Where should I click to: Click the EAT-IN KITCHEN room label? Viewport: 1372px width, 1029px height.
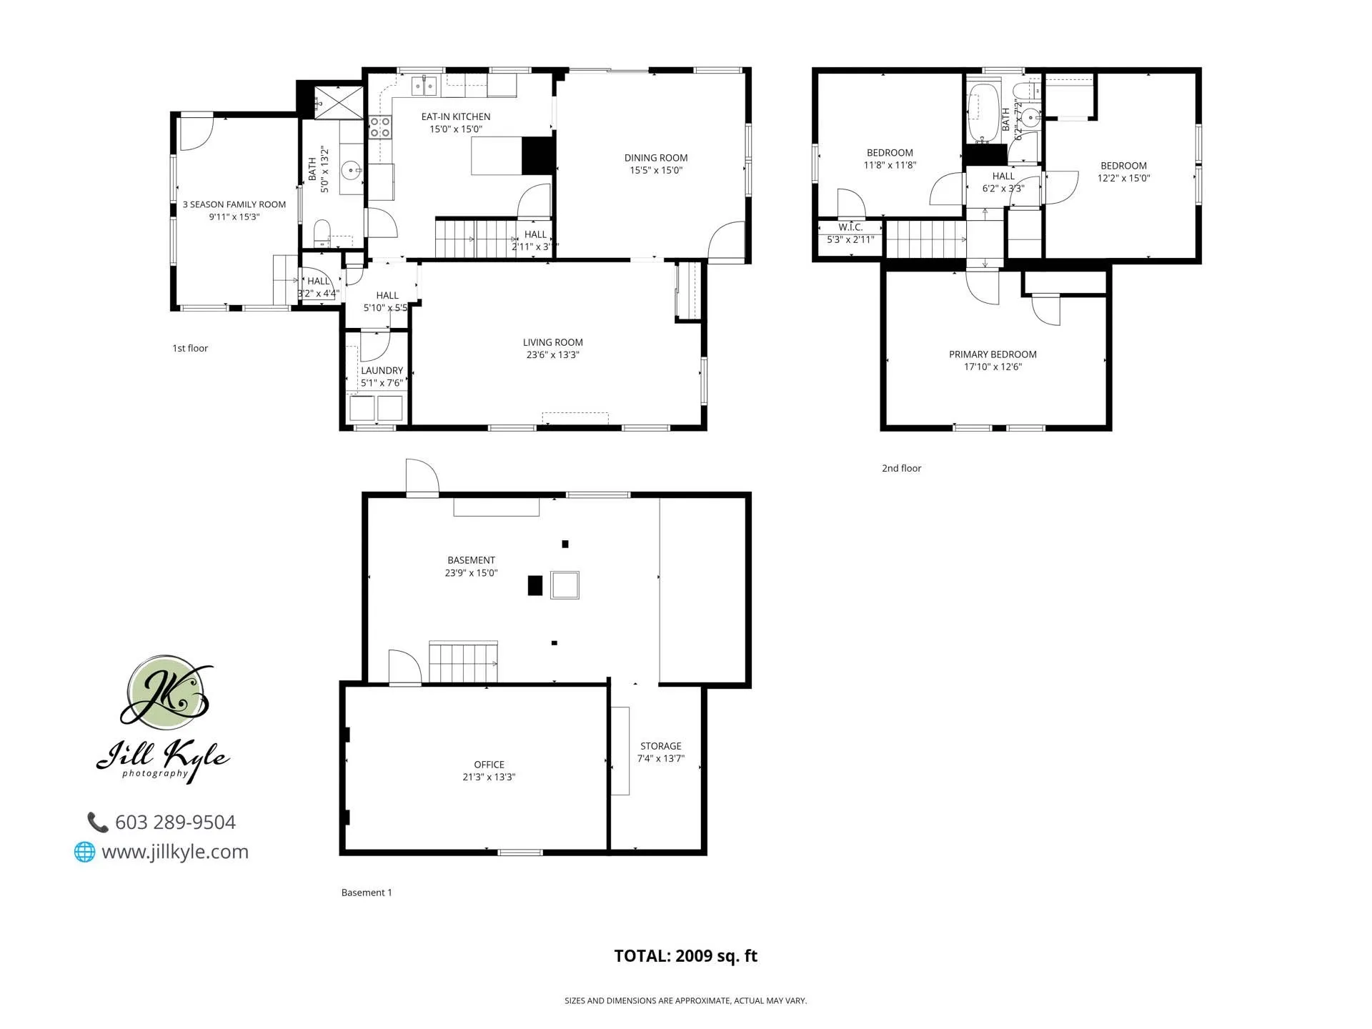tap(455, 116)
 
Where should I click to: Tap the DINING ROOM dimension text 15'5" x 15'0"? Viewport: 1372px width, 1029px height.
tap(655, 171)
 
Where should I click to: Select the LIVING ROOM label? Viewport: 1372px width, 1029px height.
tap(552, 342)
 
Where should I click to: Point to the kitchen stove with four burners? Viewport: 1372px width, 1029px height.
tap(379, 128)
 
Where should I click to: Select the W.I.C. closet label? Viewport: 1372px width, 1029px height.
tap(850, 227)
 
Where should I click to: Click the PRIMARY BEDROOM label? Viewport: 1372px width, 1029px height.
tap(992, 354)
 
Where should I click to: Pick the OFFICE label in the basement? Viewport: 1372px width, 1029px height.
tap(489, 765)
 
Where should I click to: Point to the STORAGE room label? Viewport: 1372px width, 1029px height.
tap(660, 746)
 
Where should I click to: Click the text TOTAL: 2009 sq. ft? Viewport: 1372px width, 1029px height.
tap(685, 956)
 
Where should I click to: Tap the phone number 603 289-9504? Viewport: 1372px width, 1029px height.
tap(174, 822)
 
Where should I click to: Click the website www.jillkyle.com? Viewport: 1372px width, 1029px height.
tap(174, 852)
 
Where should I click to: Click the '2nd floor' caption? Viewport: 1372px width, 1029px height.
tap(901, 469)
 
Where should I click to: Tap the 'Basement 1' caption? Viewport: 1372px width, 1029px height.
tap(366, 893)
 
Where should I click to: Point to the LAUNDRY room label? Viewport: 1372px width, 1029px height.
tap(382, 371)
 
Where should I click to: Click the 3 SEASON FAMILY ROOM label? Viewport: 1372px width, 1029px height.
tap(234, 204)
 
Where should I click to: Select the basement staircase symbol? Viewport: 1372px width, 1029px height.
tap(463, 663)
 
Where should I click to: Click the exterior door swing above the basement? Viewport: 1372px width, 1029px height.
tap(421, 477)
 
